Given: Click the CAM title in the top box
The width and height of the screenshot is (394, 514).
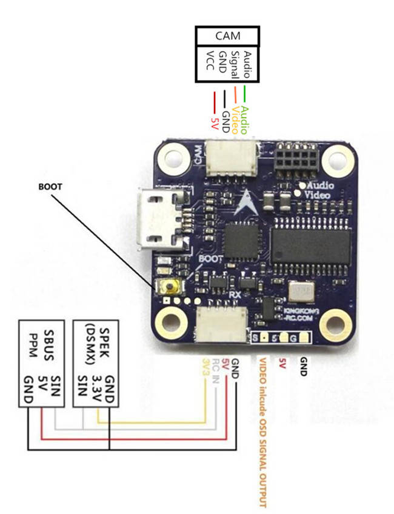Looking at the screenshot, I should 227,35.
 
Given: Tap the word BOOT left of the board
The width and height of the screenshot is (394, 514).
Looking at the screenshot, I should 50,187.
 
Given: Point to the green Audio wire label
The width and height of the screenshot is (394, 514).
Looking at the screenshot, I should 245,117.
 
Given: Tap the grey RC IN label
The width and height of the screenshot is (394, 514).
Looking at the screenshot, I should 215,368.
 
